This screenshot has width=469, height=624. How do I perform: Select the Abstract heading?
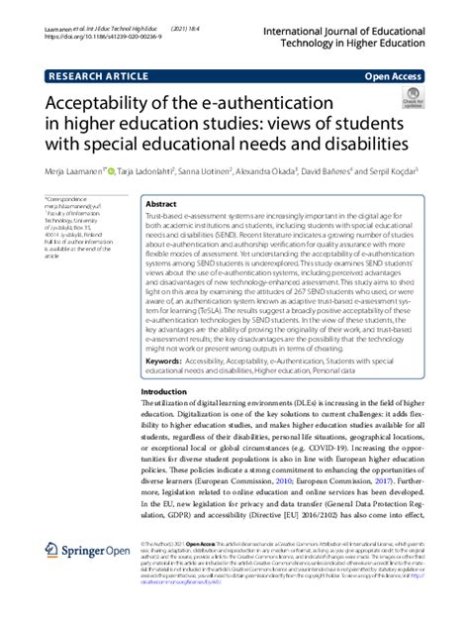click(161, 202)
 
